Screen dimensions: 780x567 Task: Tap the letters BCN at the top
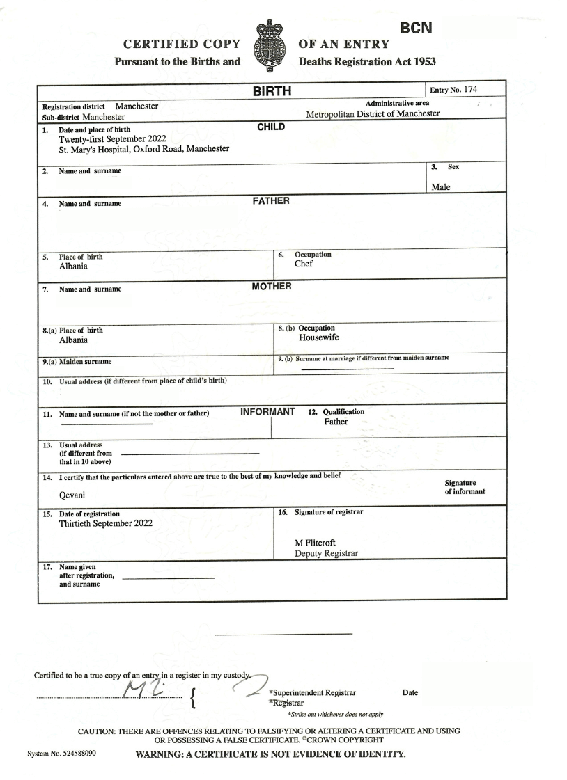tap(417, 28)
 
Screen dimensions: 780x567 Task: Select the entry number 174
tap(472, 89)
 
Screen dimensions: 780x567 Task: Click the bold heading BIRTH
tap(271, 91)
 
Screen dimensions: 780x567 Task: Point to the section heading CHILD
tap(271, 127)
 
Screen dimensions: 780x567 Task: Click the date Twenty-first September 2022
tap(112, 138)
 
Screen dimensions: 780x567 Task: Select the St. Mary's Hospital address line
tap(144, 149)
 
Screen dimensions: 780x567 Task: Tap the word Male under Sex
tap(441, 186)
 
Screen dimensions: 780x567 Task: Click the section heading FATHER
tap(270, 201)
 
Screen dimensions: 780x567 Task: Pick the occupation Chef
tap(304, 264)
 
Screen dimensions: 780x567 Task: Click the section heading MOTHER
tap(271, 286)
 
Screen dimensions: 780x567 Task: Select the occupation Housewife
tap(318, 337)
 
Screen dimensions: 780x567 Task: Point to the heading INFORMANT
tap(267, 411)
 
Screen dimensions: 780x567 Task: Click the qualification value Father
tap(336, 422)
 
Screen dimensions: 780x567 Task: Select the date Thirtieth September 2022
tap(106, 523)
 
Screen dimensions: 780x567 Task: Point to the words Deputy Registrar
tap(327, 553)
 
